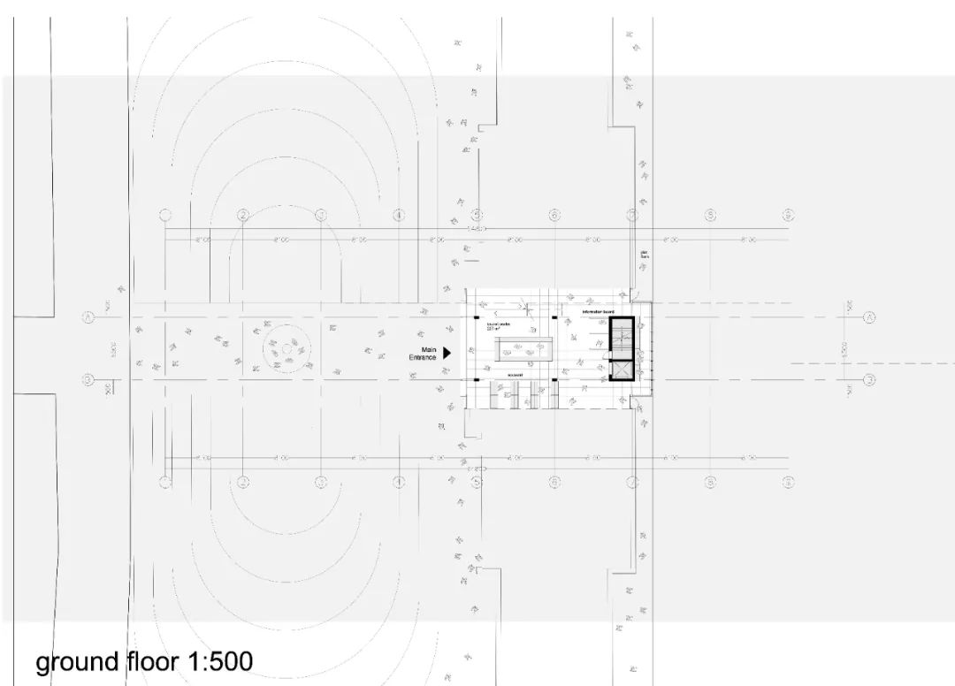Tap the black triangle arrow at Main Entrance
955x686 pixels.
tap(447, 352)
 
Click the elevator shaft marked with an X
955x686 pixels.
tap(623, 370)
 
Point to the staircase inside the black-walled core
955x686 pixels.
tap(623, 337)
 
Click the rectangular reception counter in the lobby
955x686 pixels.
tap(523, 348)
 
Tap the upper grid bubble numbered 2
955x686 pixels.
tap(242, 215)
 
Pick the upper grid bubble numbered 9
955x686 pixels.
tap(787, 215)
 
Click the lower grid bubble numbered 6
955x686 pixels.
tap(554, 482)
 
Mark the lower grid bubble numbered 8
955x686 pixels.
tap(709, 482)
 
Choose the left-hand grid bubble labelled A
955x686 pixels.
tap(88, 316)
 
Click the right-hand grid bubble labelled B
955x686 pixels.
tap(869, 380)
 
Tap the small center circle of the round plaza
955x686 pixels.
tap(287, 349)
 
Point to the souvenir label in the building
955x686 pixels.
tap(515, 376)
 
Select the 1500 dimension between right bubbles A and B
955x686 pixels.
tap(845, 348)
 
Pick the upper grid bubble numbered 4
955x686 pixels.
tap(399, 215)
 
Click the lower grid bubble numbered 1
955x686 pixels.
tap(164, 482)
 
